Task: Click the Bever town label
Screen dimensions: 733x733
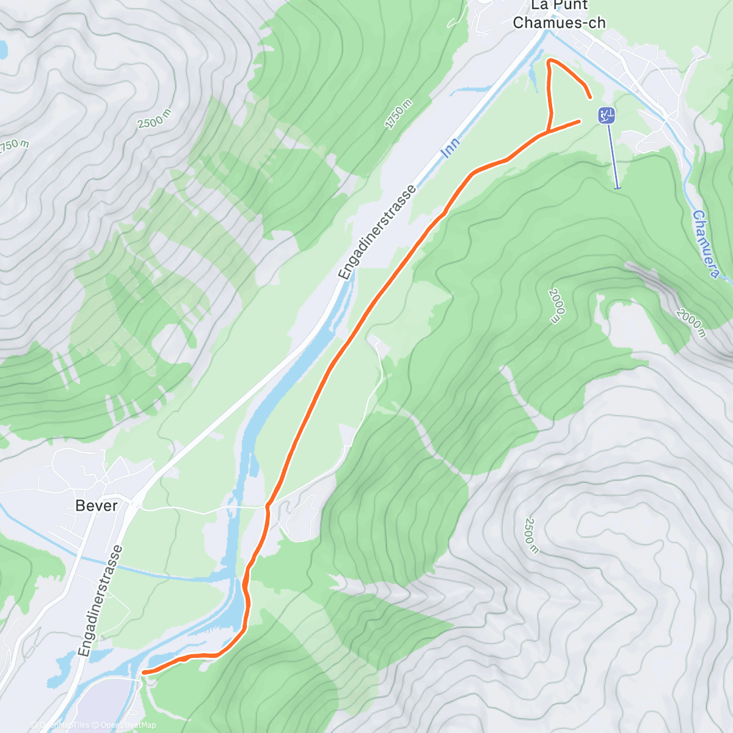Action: tap(97, 506)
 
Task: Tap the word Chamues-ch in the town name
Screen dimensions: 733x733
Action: tap(560, 23)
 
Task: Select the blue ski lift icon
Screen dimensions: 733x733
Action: tap(607, 115)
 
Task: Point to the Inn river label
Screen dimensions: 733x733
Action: tap(450, 148)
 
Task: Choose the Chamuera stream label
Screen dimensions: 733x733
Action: tap(706, 244)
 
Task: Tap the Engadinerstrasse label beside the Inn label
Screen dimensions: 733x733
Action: tap(378, 232)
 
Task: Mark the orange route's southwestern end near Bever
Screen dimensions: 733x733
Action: tap(143, 673)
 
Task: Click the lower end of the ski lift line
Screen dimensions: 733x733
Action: tap(618, 188)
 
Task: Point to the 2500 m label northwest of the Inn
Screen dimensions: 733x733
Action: tap(154, 119)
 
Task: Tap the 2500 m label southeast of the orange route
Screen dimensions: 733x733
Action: tap(531, 535)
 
